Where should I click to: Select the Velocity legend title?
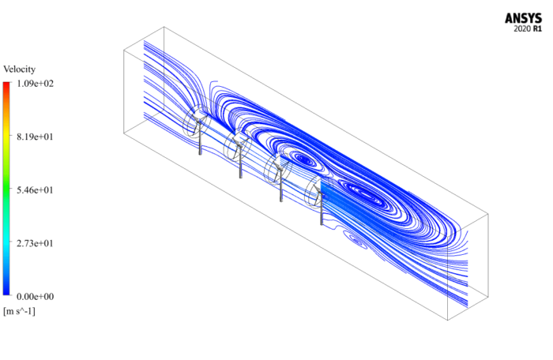click(x=20, y=69)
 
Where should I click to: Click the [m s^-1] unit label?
click(x=20, y=311)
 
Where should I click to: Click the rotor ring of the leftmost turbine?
click(x=194, y=122)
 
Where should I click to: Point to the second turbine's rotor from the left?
click(x=236, y=144)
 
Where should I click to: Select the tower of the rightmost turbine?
click(x=322, y=213)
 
